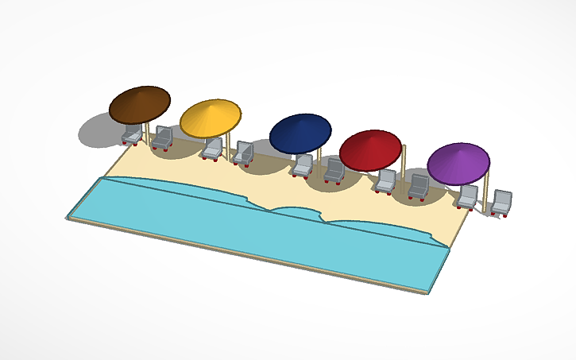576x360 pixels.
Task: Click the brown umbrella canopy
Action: click(140, 103)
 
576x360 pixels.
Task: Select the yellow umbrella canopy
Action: click(210, 118)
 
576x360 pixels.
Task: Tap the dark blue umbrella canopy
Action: click(300, 133)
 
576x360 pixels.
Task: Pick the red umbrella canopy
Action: click(370, 149)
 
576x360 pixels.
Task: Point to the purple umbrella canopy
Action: click(458, 163)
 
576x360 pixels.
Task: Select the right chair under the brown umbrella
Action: click(163, 138)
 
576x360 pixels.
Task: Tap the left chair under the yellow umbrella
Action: click(213, 149)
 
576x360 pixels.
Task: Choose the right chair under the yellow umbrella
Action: click(244, 153)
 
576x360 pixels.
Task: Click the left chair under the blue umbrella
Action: click(303, 166)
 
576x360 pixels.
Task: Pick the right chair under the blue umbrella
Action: click(334, 171)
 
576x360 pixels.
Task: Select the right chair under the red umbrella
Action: click(419, 188)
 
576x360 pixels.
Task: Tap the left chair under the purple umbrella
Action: click(470, 197)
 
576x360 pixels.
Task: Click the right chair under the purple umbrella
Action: click(502, 203)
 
